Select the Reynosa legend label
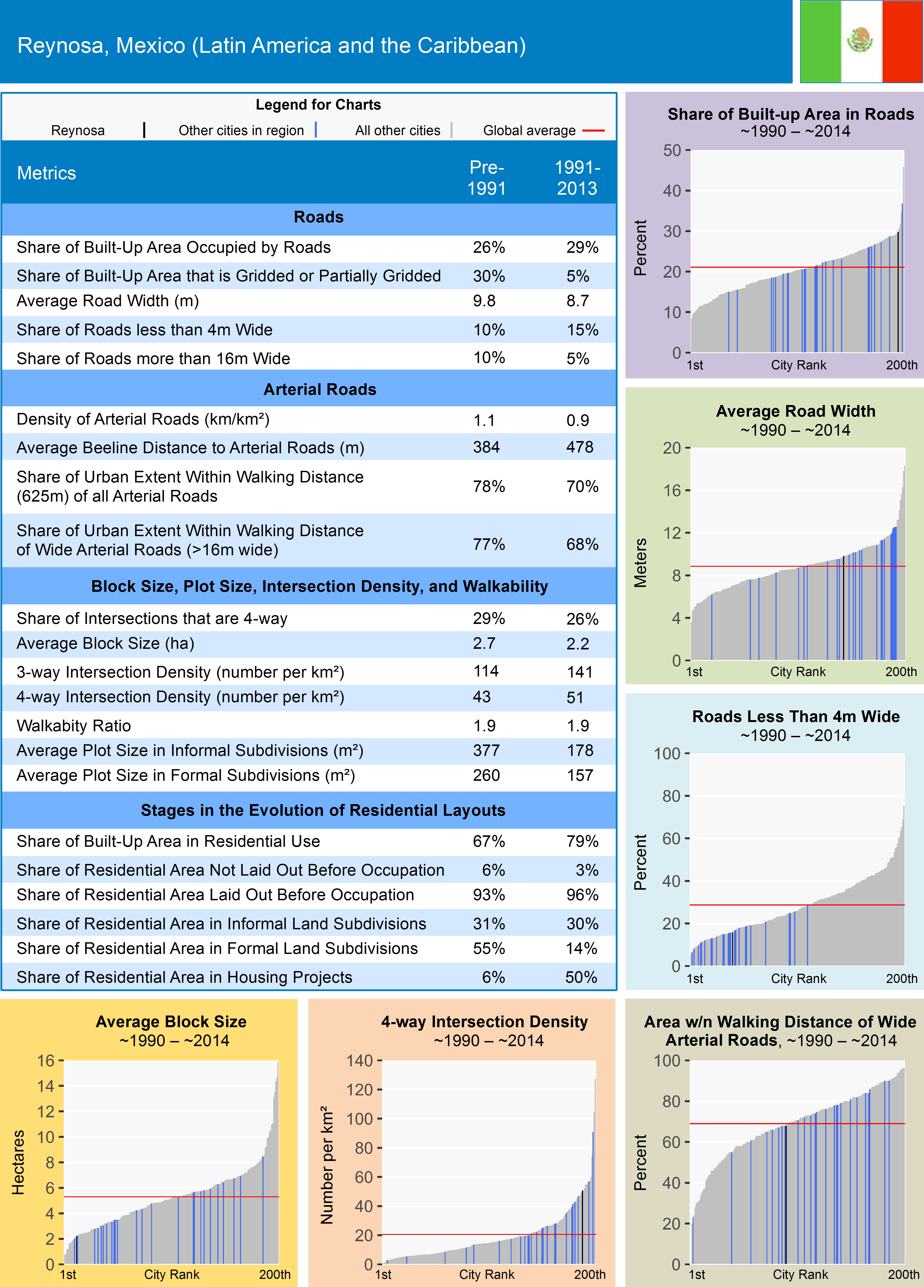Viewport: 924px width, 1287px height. click(78, 130)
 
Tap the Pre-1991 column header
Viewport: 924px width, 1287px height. click(486, 178)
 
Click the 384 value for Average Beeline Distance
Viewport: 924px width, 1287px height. click(486, 447)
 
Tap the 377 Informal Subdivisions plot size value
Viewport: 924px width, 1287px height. click(486, 750)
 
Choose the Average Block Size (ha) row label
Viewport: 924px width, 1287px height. click(106, 643)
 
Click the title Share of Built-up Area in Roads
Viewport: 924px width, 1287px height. click(791, 114)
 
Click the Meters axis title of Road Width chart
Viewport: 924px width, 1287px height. click(640, 562)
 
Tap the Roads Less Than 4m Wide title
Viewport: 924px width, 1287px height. click(796, 717)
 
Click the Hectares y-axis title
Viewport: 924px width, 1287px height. click(18, 1162)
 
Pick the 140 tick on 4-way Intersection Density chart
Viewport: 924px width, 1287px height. click(360, 1061)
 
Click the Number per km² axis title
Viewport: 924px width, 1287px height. click(327, 1164)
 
